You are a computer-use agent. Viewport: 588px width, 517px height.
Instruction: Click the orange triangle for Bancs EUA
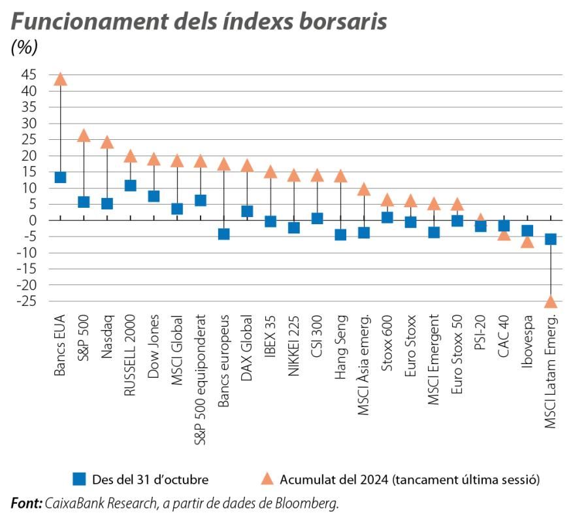coord(60,79)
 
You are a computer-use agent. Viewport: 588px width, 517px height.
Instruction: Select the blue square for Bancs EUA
coord(60,177)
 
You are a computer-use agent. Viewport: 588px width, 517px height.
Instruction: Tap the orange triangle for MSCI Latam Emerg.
coord(551,301)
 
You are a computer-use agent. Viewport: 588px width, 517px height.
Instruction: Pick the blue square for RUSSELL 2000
coord(130,186)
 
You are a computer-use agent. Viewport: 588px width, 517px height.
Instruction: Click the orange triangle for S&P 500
coord(84,135)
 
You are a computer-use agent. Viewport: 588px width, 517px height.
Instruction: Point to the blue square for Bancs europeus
coord(223,233)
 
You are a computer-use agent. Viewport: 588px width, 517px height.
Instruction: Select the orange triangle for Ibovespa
coord(527,242)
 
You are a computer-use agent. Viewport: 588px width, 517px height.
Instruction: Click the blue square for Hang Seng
coord(340,234)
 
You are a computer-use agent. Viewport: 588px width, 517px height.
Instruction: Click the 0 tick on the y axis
coord(32,220)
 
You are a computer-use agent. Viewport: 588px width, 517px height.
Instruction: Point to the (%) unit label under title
coord(25,47)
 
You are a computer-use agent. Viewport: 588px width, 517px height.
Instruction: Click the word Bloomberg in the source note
coord(310,503)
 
